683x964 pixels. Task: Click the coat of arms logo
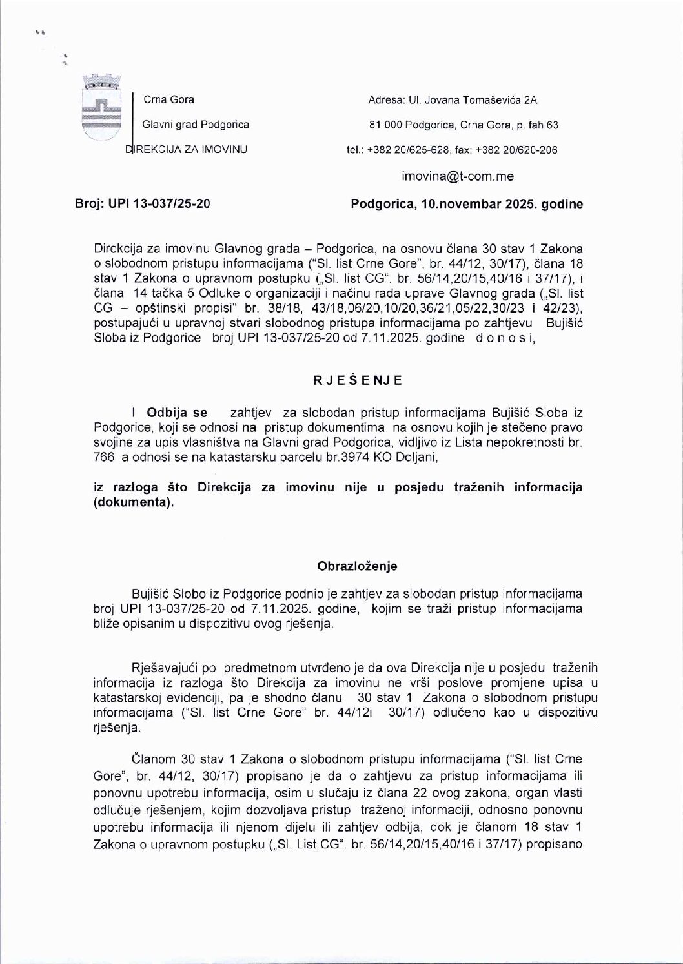(101, 108)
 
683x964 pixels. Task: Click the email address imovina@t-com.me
(458, 176)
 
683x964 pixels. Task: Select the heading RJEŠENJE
(358, 380)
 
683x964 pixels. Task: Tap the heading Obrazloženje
(357, 566)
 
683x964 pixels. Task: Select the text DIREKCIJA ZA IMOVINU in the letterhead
(187, 150)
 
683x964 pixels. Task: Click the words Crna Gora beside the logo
(168, 99)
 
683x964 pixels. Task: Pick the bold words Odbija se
(178, 412)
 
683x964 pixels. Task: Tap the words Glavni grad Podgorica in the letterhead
(196, 125)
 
